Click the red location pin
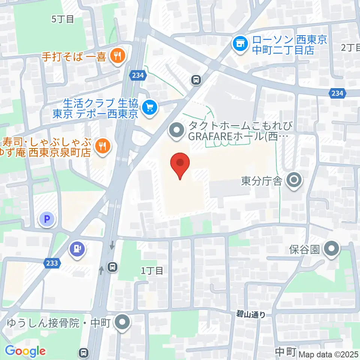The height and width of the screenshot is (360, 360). pyautogui.click(x=180, y=165)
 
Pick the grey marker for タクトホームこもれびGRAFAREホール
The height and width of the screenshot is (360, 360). pyautogui.click(x=177, y=130)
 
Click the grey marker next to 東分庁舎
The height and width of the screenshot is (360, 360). pyautogui.click(x=294, y=180)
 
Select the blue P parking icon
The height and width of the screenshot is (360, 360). pyautogui.click(x=48, y=219)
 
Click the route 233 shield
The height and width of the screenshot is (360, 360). pyautogui.click(x=52, y=263)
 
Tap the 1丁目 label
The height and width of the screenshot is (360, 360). pyautogui.click(x=152, y=270)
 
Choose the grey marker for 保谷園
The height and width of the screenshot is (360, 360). pyautogui.click(x=332, y=248)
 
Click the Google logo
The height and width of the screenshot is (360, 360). pyautogui.click(x=25, y=351)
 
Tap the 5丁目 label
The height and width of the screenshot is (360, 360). pyautogui.click(x=62, y=19)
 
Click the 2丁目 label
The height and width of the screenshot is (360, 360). pyautogui.click(x=350, y=48)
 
